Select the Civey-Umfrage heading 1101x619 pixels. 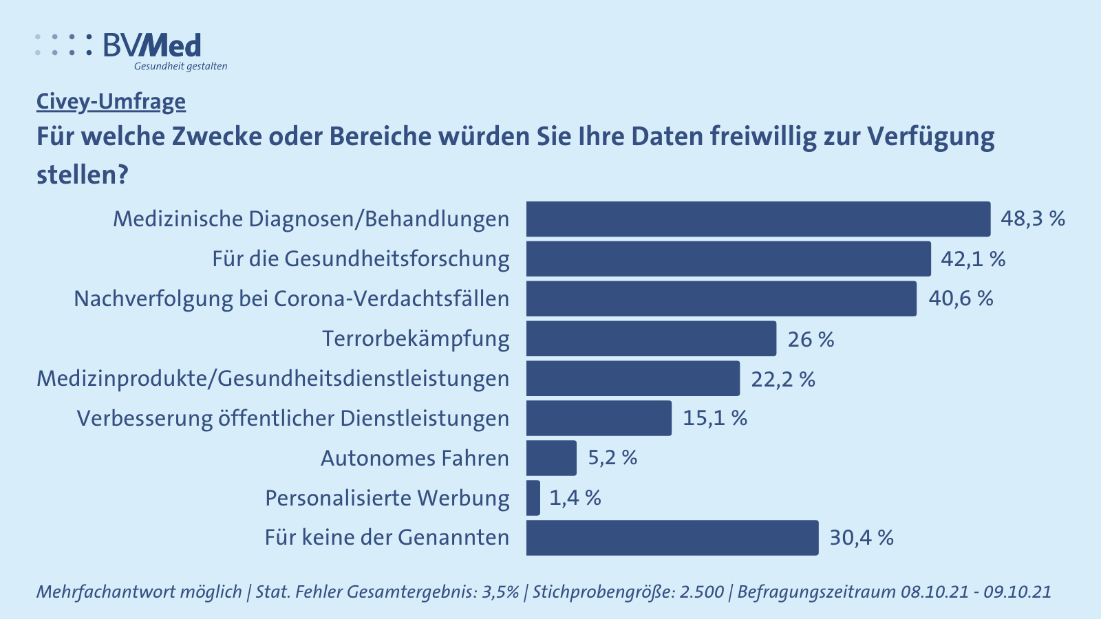click(111, 102)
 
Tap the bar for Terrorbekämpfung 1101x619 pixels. click(651, 338)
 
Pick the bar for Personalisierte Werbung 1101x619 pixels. click(533, 498)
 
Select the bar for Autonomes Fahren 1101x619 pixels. click(551, 458)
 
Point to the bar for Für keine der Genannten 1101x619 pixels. click(672, 538)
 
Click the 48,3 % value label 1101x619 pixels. click(1033, 219)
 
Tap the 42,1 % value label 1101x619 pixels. click(973, 259)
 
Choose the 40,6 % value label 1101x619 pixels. click(961, 298)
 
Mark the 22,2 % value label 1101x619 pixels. click(783, 379)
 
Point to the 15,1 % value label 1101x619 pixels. click(715, 418)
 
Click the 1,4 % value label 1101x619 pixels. click(575, 498)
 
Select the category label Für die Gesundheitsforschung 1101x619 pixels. click(361, 259)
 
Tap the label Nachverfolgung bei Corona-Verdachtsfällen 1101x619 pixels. click(292, 298)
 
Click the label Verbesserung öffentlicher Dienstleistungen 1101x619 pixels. click(293, 418)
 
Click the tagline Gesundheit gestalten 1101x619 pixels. click(180, 66)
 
